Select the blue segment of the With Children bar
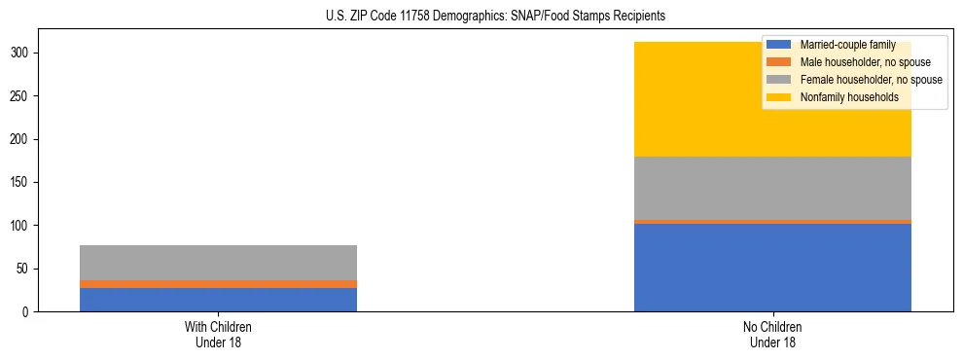[218, 300]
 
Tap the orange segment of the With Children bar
[218, 284]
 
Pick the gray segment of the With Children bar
[218, 263]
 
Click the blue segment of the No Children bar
[772, 268]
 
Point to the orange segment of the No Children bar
[772, 222]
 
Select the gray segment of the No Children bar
[772, 188]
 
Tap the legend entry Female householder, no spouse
[871, 80]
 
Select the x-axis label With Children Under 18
[218, 334]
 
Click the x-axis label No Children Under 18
[772, 334]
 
